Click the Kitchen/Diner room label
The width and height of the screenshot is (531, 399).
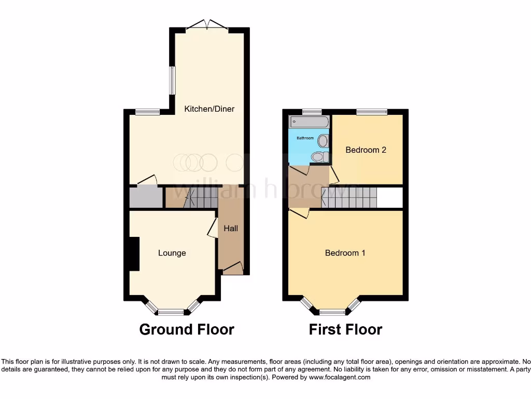pos(209,109)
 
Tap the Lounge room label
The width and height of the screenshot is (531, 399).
pos(172,253)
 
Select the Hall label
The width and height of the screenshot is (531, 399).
pos(231,228)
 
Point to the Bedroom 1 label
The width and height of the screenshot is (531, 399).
pos(345,253)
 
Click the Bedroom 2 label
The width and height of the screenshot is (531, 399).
pos(366,150)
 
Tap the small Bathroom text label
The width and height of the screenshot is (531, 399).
pos(305,138)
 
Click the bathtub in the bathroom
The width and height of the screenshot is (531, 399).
pos(309,122)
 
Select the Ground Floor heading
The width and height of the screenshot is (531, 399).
pos(187,329)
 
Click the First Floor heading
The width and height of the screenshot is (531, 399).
pos(345,329)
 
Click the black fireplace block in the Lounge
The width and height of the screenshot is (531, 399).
pos(134,254)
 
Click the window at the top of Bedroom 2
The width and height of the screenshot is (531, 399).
pos(371,112)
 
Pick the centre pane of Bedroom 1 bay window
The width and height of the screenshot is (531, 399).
pos(332,312)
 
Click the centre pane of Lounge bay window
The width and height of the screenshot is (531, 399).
pos(171,312)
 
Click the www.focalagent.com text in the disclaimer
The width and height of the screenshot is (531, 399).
pos(339,378)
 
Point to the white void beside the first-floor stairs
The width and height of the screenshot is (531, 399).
pos(389,198)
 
